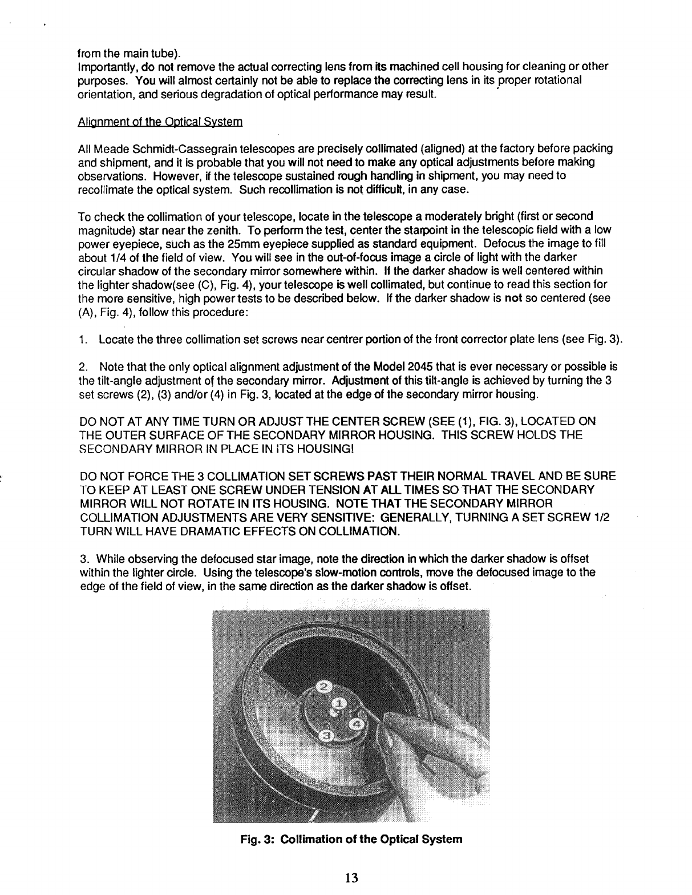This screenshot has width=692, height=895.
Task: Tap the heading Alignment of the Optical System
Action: pos(160,122)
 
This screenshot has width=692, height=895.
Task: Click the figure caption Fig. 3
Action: pos(351,840)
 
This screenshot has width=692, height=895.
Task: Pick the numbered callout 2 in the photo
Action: pos(322,686)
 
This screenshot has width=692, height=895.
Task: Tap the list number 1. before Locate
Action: pos(83,341)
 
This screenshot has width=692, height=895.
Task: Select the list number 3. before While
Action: pos(83,558)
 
